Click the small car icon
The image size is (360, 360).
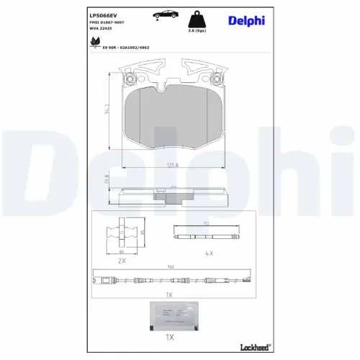click(x=161, y=14)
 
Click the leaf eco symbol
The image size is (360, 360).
click(x=94, y=42)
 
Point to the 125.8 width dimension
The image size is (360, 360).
click(x=172, y=166)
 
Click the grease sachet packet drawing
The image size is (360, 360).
click(x=172, y=313)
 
